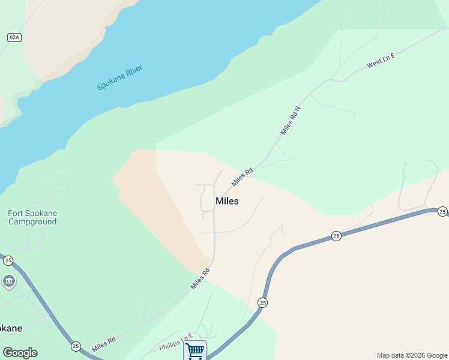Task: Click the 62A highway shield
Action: tap(14, 37)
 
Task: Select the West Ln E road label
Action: tap(381, 61)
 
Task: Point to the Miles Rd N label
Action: tap(290, 120)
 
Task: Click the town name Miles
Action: tap(227, 201)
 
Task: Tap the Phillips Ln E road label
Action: tap(176, 343)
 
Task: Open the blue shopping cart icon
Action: tap(194, 350)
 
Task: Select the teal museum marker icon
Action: tap(8, 281)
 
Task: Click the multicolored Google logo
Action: tap(20, 353)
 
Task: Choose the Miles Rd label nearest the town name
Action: tap(243, 176)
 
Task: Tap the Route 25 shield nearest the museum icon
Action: tap(8, 260)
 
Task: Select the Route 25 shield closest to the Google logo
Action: tap(76, 346)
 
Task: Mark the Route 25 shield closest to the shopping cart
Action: tap(262, 303)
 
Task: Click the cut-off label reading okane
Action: tap(11, 328)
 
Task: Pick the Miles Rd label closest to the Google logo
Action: tap(104, 344)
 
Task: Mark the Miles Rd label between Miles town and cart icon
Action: tap(200, 278)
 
